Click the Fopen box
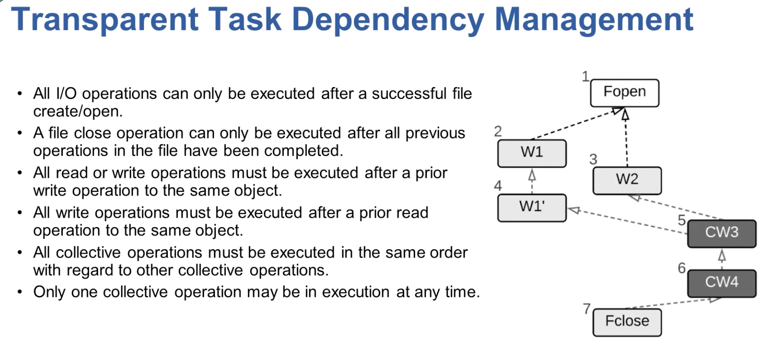624,93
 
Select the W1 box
532,153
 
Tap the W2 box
627,180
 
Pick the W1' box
532,208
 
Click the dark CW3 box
722,234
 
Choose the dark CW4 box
722,284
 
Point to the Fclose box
627,323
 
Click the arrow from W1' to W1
532,181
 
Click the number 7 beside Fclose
587,309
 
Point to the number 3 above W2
593,159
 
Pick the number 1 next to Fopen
586,76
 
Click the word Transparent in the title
105,20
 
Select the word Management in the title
594,20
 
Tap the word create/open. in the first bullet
78,112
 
